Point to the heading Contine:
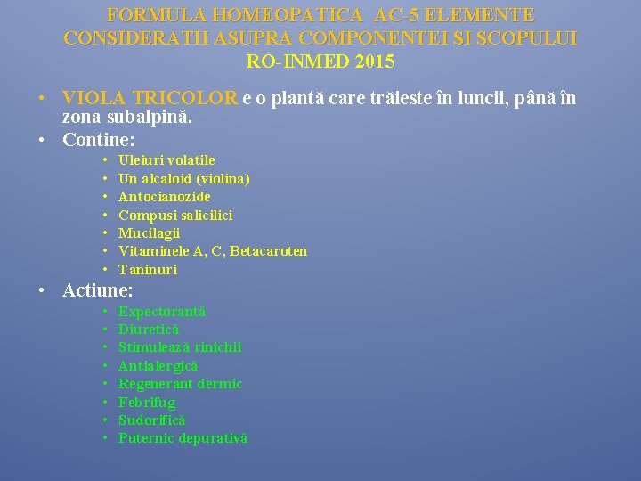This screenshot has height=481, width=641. point(98,140)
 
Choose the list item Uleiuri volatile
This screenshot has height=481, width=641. point(166,160)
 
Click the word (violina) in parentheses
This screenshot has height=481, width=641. point(222,178)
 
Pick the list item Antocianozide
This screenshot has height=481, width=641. point(165,196)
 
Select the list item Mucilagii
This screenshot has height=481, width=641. point(149,232)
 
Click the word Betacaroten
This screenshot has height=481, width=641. point(268,251)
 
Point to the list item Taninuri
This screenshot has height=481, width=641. point(148,269)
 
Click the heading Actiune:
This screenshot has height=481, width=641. point(98,290)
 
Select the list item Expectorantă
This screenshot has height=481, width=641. point(162,312)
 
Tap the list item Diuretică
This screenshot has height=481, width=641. point(149,330)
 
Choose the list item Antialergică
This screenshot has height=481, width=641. point(158,366)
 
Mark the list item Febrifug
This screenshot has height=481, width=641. point(147,403)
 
